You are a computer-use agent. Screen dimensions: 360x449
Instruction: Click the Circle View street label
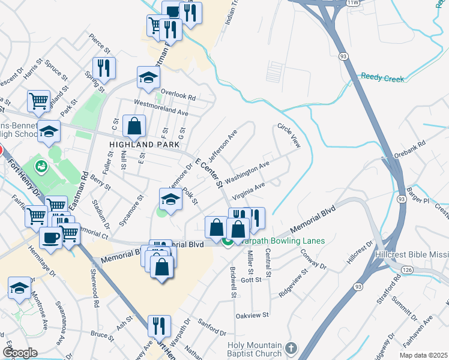click(x=288, y=136)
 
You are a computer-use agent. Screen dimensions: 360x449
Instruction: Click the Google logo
click(x=20, y=353)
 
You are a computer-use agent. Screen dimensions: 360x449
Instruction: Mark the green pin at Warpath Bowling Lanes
click(x=227, y=242)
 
